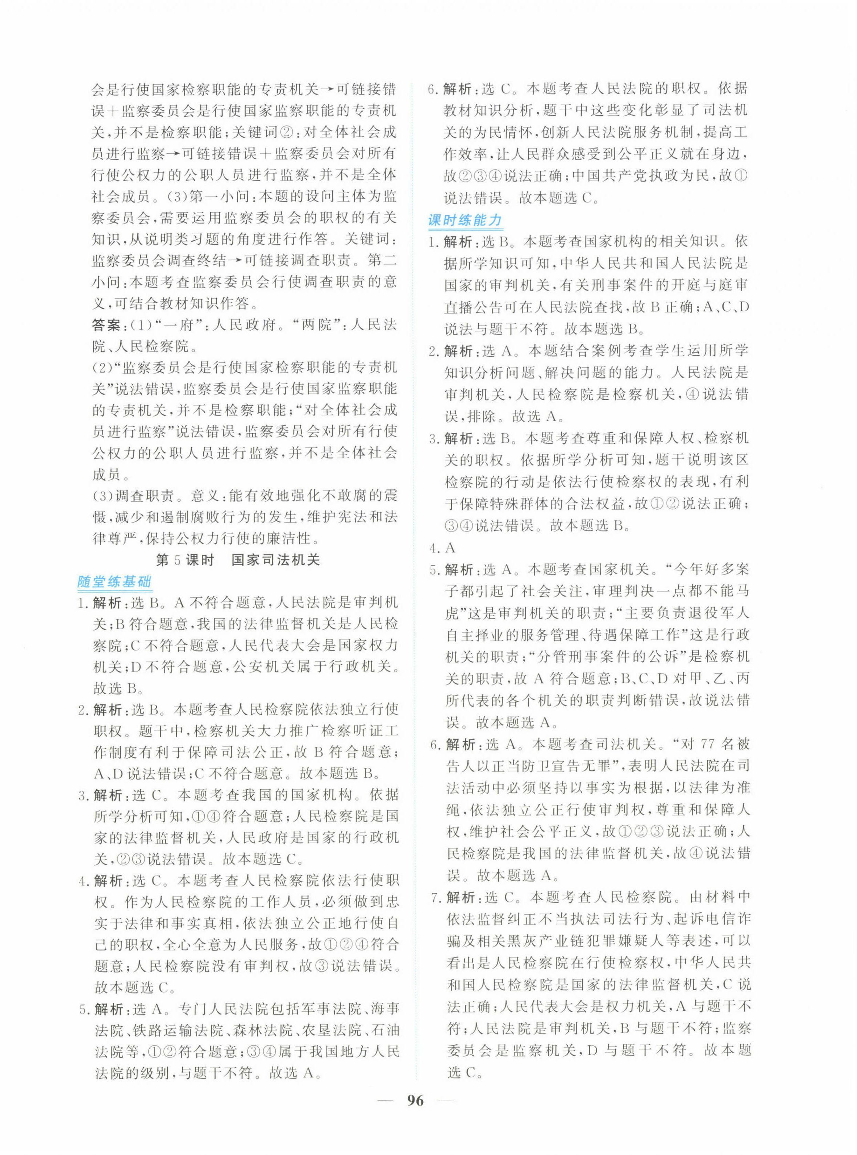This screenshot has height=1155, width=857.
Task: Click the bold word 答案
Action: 106,325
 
